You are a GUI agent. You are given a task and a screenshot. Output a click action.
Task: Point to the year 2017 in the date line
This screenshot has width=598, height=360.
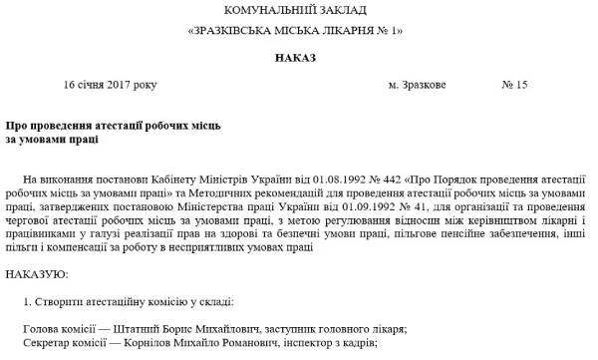136,85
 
